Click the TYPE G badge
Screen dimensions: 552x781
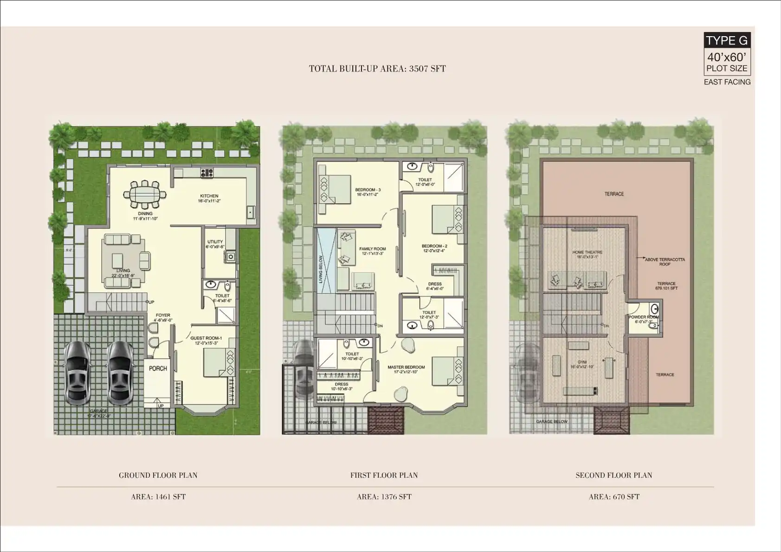(x=727, y=40)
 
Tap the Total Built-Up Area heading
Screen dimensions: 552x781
(x=377, y=69)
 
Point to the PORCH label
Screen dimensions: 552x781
(x=158, y=368)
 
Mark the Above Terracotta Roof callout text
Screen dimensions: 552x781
(x=665, y=262)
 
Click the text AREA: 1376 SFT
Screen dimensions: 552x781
(x=384, y=497)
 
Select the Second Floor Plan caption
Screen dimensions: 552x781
(x=613, y=475)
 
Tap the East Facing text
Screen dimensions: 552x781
(x=727, y=82)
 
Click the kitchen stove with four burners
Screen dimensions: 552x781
(x=207, y=173)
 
